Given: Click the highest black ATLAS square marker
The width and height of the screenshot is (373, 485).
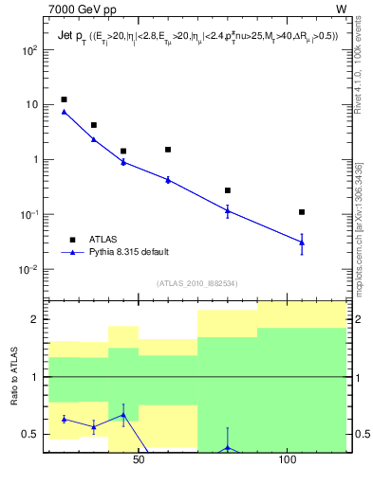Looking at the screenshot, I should tap(64, 99).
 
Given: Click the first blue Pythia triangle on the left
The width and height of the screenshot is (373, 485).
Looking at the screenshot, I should tap(64, 112).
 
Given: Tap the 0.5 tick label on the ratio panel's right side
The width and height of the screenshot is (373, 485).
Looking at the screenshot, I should tap(358, 435).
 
